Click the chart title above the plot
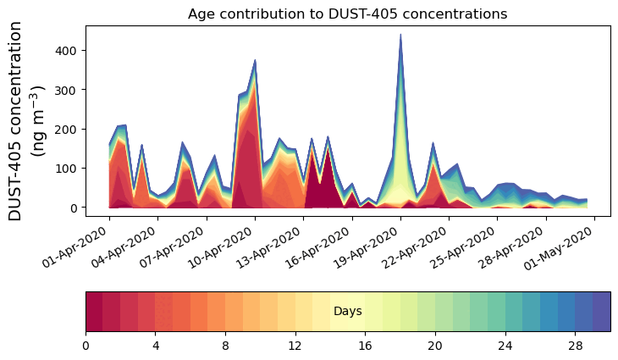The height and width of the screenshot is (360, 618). click(x=347, y=14)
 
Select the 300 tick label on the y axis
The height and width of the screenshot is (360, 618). click(x=69, y=90)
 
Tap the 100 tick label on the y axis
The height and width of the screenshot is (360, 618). click(x=69, y=169)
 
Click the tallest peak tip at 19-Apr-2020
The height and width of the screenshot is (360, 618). click(x=400, y=36)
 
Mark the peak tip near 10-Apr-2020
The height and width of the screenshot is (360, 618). click(x=255, y=60)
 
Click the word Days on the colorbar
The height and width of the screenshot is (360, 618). click(x=347, y=312)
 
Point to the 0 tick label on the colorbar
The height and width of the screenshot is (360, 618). click(x=86, y=346)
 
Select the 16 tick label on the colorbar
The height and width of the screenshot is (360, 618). click(x=365, y=346)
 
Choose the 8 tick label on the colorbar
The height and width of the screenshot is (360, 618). click(x=225, y=346)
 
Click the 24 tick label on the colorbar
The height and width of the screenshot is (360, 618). click(x=505, y=346)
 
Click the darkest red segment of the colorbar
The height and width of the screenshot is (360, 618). click(x=94, y=312)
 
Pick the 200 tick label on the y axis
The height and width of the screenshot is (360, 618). click(x=69, y=130)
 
